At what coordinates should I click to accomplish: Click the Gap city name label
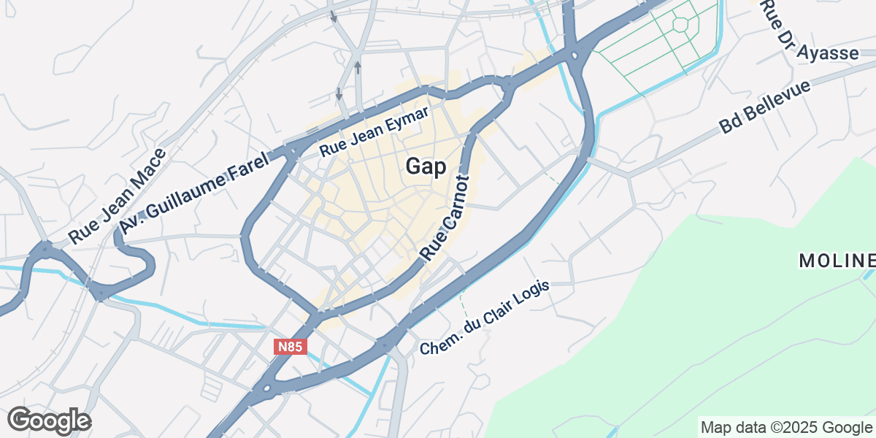pos(426,166)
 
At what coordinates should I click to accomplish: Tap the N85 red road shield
pos(289,347)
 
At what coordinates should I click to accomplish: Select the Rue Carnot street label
pos(444,217)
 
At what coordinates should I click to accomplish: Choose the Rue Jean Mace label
pos(118,196)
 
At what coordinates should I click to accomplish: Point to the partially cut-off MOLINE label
pos(837,261)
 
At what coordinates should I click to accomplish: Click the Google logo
pos(49,420)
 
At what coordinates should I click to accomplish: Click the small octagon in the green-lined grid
pos(680,23)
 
